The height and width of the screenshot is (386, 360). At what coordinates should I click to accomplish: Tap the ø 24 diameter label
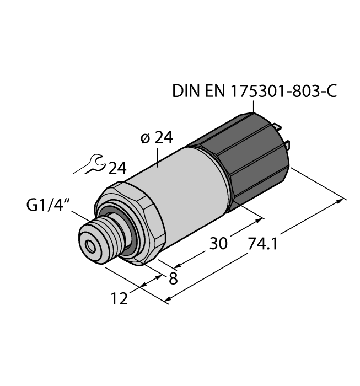pyautogui.click(x=157, y=138)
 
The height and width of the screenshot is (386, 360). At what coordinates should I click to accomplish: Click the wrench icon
pyautogui.click(x=91, y=165)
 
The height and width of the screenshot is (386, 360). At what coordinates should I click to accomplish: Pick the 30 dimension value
pyautogui.click(x=219, y=243)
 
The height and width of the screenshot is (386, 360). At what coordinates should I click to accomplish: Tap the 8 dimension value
pyautogui.click(x=173, y=278)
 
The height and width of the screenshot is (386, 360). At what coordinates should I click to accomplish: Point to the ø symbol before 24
pyautogui.click(x=146, y=139)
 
